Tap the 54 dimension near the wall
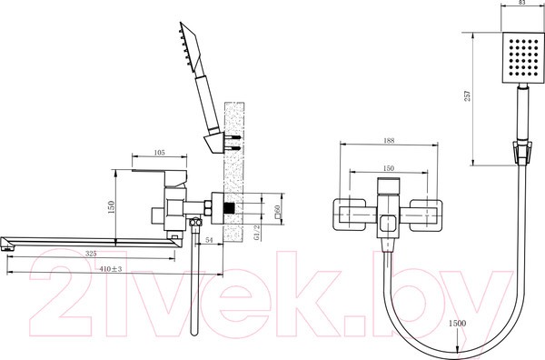click(x=210, y=238)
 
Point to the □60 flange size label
click(x=275, y=211)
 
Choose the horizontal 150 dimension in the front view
click(x=388, y=169)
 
